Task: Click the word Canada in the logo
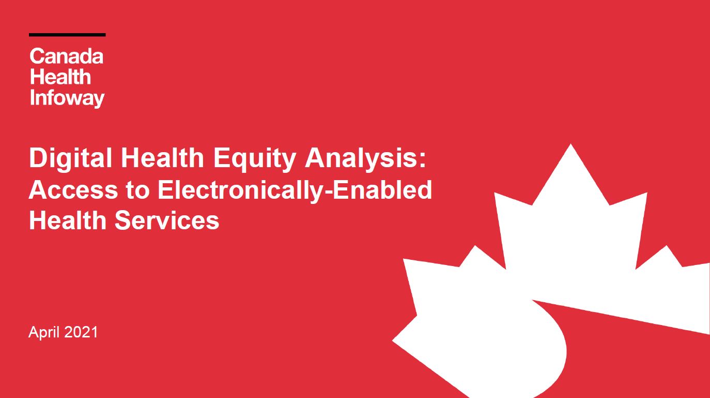pyautogui.click(x=67, y=56)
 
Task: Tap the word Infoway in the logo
pyautogui.click(x=67, y=98)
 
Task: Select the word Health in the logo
pyautogui.click(x=60, y=77)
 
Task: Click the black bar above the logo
pyautogui.click(x=67, y=35)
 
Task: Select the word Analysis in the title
pyautogui.click(x=361, y=158)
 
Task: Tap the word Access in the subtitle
pyautogui.click(x=73, y=190)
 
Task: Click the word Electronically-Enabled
pyautogui.click(x=295, y=190)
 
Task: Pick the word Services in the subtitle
pyautogui.click(x=167, y=220)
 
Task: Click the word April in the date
pyautogui.click(x=44, y=332)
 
